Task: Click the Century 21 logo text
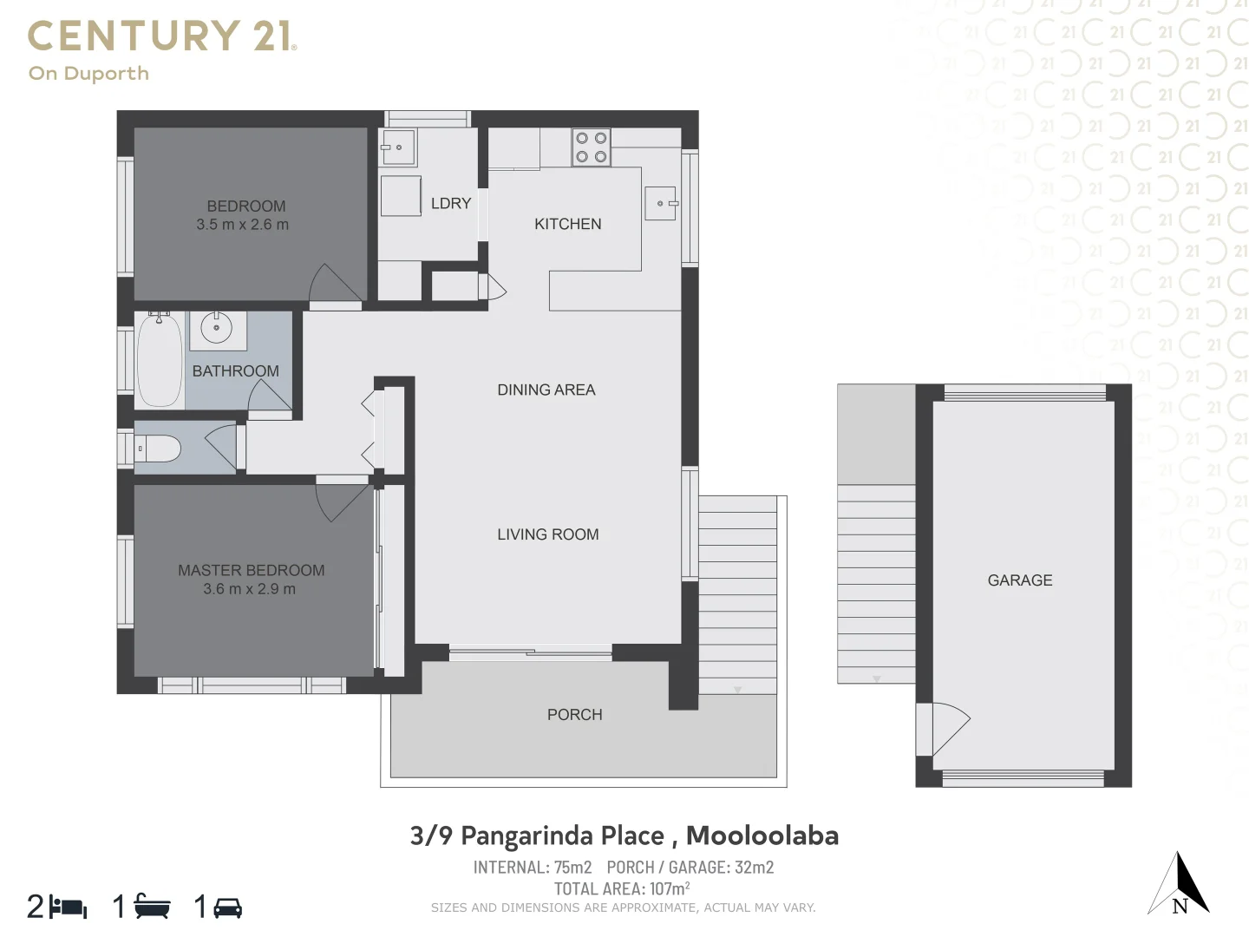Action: point(162,36)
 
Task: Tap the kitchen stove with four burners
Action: point(591,147)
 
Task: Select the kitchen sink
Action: point(660,203)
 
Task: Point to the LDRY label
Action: point(450,203)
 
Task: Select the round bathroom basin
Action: point(217,328)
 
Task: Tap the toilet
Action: point(160,449)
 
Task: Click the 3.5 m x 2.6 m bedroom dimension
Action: point(242,225)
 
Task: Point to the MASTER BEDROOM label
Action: point(251,570)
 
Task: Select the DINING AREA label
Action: point(546,390)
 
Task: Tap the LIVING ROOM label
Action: point(547,534)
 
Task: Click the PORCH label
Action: point(574,715)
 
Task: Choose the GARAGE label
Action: point(1019,580)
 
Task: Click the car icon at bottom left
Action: point(227,908)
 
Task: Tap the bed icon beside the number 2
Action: point(69,908)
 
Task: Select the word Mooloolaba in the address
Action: point(762,835)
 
